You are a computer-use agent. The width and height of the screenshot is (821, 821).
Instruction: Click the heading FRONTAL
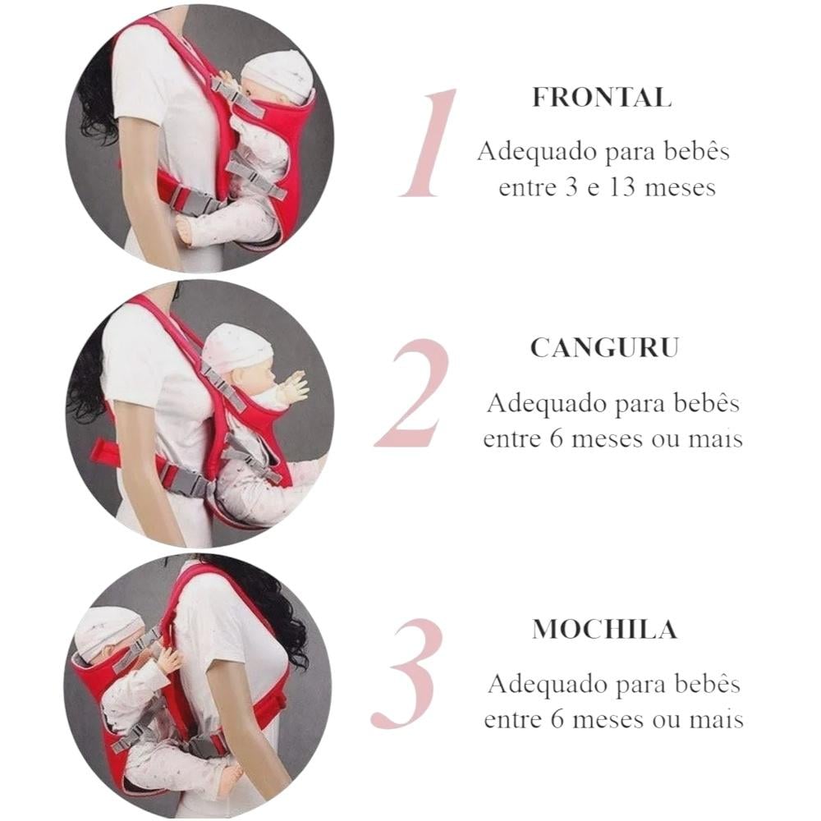click(602, 98)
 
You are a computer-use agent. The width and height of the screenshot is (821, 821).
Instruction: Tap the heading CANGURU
click(605, 347)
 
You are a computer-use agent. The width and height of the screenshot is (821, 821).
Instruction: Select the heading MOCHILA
click(605, 629)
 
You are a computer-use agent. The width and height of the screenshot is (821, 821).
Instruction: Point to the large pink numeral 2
click(411, 393)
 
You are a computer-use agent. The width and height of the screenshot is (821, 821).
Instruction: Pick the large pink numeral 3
click(407, 674)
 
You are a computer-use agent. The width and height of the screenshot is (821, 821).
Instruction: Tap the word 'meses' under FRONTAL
click(681, 188)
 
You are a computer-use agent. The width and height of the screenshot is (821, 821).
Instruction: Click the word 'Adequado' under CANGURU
click(546, 404)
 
